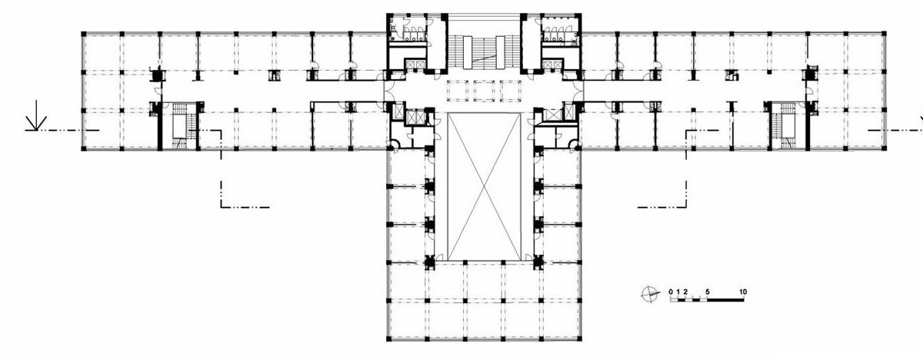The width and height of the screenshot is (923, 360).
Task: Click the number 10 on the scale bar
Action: (743, 292)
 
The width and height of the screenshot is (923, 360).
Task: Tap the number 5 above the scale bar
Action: (708, 292)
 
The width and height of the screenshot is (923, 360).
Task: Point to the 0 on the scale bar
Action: (671, 292)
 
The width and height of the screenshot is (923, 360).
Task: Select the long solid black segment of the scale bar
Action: (725, 299)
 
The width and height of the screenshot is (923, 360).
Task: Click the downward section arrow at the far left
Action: (36, 115)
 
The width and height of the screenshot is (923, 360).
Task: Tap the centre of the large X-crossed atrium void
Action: (484, 187)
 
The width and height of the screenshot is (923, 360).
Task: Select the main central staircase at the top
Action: (484, 52)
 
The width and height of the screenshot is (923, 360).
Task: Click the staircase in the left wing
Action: (180, 125)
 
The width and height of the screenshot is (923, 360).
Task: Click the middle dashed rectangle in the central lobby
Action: (484, 91)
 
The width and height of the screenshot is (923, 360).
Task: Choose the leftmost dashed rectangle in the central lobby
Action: (458, 91)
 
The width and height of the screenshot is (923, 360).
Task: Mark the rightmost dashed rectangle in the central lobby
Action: (511, 91)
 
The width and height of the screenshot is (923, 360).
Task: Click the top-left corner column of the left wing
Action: (84, 33)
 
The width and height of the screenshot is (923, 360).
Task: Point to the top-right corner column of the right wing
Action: (884, 33)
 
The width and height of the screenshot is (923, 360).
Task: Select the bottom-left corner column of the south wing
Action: (388, 339)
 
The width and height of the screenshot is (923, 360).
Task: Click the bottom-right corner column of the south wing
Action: (580, 339)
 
